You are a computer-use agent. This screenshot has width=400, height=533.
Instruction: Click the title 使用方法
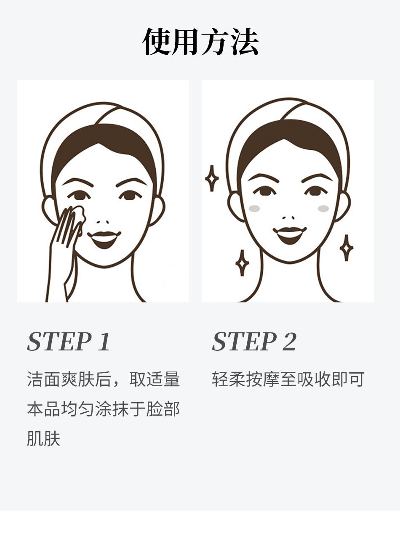click(x=200, y=42)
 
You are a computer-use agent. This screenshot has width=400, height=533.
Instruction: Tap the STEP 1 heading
click(x=69, y=341)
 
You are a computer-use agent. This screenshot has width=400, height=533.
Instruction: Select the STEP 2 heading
click(x=254, y=341)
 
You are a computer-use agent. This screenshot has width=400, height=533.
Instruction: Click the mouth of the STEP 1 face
click(x=104, y=239)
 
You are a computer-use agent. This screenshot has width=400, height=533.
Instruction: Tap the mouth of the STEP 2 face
click(x=290, y=235)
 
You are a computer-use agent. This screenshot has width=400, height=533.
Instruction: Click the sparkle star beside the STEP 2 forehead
click(x=212, y=178)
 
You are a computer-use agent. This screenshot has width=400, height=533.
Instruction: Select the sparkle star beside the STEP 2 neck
click(x=242, y=263)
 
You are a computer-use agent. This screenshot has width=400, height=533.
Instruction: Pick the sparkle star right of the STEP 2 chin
click(x=346, y=248)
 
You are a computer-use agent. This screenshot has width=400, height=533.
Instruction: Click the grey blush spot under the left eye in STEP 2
click(x=254, y=208)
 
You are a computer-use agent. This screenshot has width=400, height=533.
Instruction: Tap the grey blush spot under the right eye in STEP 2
click(x=323, y=208)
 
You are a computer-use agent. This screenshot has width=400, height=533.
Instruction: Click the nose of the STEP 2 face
click(x=288, y=217)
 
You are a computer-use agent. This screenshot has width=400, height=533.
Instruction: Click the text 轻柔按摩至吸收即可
click(x=288, y=379)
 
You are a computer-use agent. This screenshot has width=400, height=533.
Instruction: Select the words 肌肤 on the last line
click(x=43, y=438)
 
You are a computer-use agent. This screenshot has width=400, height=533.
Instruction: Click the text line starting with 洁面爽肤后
click(x=104, y=379)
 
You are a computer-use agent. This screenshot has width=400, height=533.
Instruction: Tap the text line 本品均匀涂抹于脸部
click(x=104, y=408)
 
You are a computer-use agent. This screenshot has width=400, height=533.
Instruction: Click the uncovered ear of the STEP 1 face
click(x=157, y=211)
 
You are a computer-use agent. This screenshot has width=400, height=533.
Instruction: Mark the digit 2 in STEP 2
click(x=289, y=341)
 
